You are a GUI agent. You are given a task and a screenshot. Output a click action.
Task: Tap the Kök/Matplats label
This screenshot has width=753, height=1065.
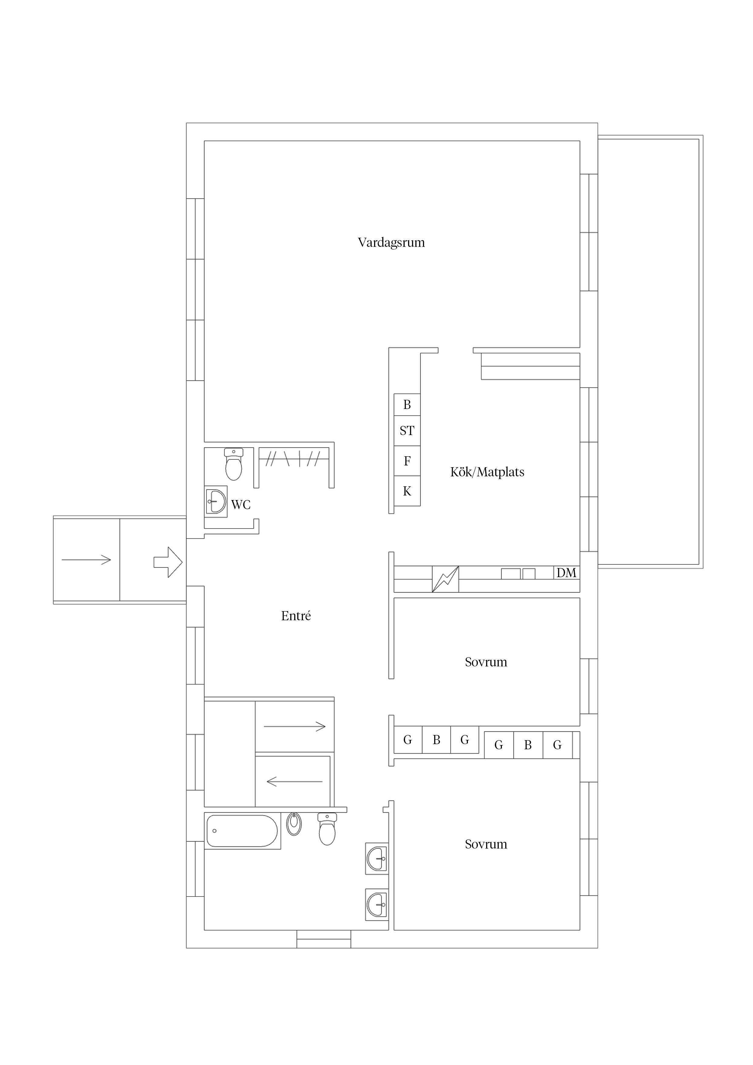click(487, 472)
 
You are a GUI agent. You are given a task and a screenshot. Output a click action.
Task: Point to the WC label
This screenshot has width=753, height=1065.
click(241, 505)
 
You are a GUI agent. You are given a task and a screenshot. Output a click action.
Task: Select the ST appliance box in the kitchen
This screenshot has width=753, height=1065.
click(407, 431)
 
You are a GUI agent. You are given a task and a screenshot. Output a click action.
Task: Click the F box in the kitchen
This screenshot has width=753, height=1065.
click(407, 461)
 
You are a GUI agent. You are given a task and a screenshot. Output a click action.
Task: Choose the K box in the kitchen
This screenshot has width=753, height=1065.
click(407, 491)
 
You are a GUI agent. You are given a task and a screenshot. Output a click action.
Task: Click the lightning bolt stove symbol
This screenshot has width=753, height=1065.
click(445, 579)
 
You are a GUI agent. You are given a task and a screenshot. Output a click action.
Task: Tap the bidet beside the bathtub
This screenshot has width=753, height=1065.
click(294, 824)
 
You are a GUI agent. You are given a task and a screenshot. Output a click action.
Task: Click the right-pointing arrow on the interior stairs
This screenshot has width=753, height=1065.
click(295, 727)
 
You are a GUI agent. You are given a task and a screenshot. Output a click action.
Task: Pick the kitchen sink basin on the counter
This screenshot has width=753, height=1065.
click(510, 574)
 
